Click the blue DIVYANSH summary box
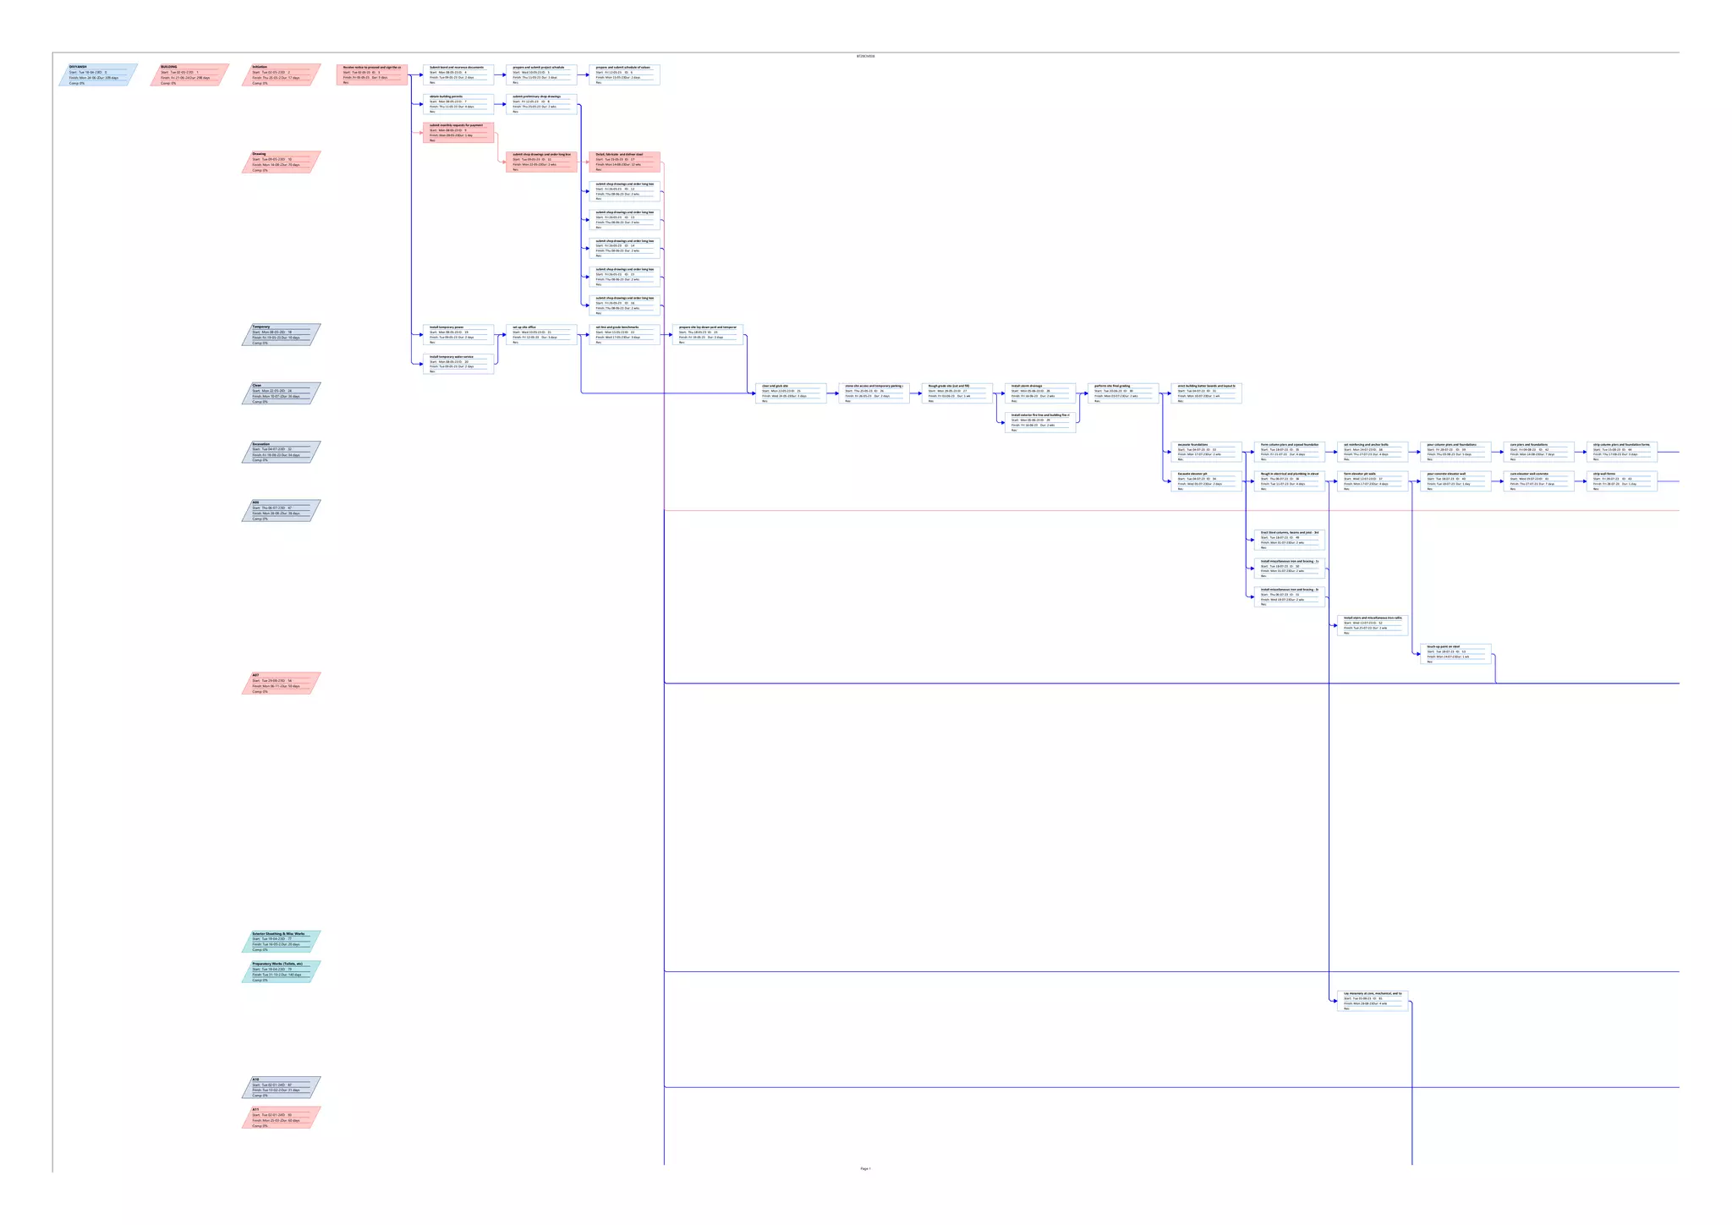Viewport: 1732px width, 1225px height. [98, 74]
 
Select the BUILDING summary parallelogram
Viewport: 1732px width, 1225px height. [189, 74]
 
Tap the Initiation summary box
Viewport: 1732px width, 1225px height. [281, 74]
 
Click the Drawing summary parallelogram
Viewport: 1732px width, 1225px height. [281, 162]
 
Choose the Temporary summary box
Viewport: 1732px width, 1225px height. [281, 334]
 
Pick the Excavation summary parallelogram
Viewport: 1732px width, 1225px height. [281, 452]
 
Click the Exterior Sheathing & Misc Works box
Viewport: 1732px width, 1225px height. [281, 941]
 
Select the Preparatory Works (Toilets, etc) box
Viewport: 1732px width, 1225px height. [281, 971]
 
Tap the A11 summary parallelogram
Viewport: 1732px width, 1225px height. [281, 1117]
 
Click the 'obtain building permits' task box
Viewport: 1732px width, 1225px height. [458, 104]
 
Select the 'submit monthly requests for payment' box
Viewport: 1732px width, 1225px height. [458, 133]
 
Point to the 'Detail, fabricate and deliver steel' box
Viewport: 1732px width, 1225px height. [624, 162]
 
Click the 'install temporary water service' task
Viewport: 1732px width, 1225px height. [458, 364]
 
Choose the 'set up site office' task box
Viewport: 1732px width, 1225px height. [541, 334]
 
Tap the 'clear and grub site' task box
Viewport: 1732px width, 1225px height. [791, 393]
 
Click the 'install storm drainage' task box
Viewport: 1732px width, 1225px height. [1040, 393]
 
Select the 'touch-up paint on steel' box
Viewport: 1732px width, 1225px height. [1455, 653]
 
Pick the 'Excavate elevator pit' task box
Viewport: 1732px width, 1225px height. [1206, 481]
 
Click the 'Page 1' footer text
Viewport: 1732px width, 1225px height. [865, 1168]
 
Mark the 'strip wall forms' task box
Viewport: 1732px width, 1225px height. [1621, 481]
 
